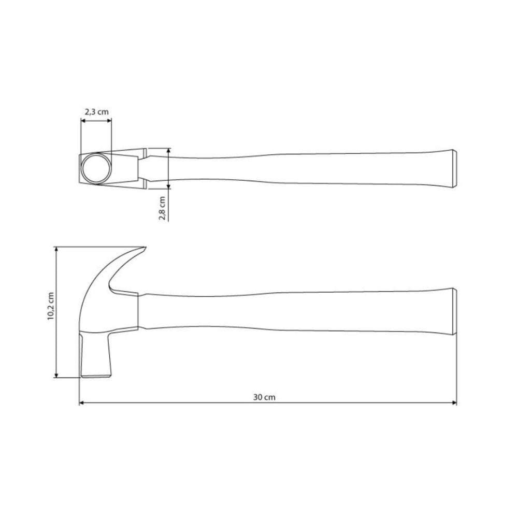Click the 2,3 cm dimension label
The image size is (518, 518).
[x=96, y=111]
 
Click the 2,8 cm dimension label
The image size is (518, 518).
[x=162, y=208]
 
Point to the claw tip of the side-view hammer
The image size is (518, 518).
[x=146, y=248]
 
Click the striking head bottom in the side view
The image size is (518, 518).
[x=96, y=373]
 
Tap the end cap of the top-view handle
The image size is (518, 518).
[x=454, y=168]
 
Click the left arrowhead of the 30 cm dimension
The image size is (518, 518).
[x=82, y=402]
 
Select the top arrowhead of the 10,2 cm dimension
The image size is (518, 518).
[x=56, y=250]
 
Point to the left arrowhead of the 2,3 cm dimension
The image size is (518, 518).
[x=83, y=121]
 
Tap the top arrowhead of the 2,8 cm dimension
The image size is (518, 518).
[x=169, y=151]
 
